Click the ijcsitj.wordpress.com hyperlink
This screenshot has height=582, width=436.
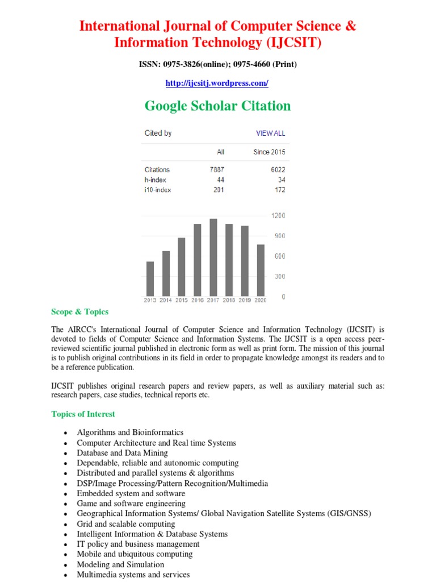pyautogui.click(x=217, y=84)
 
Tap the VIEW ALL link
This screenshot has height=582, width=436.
pyautogui.click(x=270, y=134)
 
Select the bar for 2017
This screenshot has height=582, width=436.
pyautogui.click(x=213, y=257)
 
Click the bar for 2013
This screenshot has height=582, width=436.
pyautogui.click(x=150, y=278)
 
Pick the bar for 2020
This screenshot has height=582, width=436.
pyautogui.click(x=261, y=270)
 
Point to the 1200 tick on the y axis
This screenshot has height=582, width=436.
pyautogui.click(x=278, y=216)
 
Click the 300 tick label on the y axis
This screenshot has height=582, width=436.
pyautogui.click(x=279, y=277)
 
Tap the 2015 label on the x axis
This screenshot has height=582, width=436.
pyautogui.click(x=182, y=300)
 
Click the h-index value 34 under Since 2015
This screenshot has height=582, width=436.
pyautogui.click(x=281, y=180)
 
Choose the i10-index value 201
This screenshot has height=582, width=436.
pyautogui.click(x=218, y=190)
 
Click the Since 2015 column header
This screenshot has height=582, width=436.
pyautogui.click(x=269, y=152)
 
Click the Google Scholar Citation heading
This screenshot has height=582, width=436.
pyautogui.click(x=217, y=106)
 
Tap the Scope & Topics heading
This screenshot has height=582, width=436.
pyautogui.click(x=79, y=312)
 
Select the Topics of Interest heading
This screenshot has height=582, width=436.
pyautogui.click(x=83, y=414)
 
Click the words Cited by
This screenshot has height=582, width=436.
pyautogui.click(x=158, y=134)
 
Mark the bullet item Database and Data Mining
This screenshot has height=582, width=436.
pyautogui.click(x=122, y=453)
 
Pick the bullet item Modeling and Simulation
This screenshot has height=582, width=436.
pyautogui.click(x=120, y=564)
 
